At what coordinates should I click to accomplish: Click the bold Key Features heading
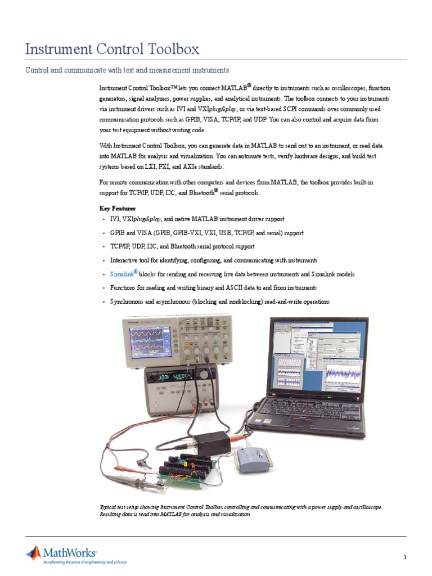118,208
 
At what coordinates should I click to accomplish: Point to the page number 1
404,557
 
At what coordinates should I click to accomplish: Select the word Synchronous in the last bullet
127,301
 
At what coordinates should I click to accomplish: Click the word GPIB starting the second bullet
118,233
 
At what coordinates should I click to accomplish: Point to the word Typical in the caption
109,507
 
